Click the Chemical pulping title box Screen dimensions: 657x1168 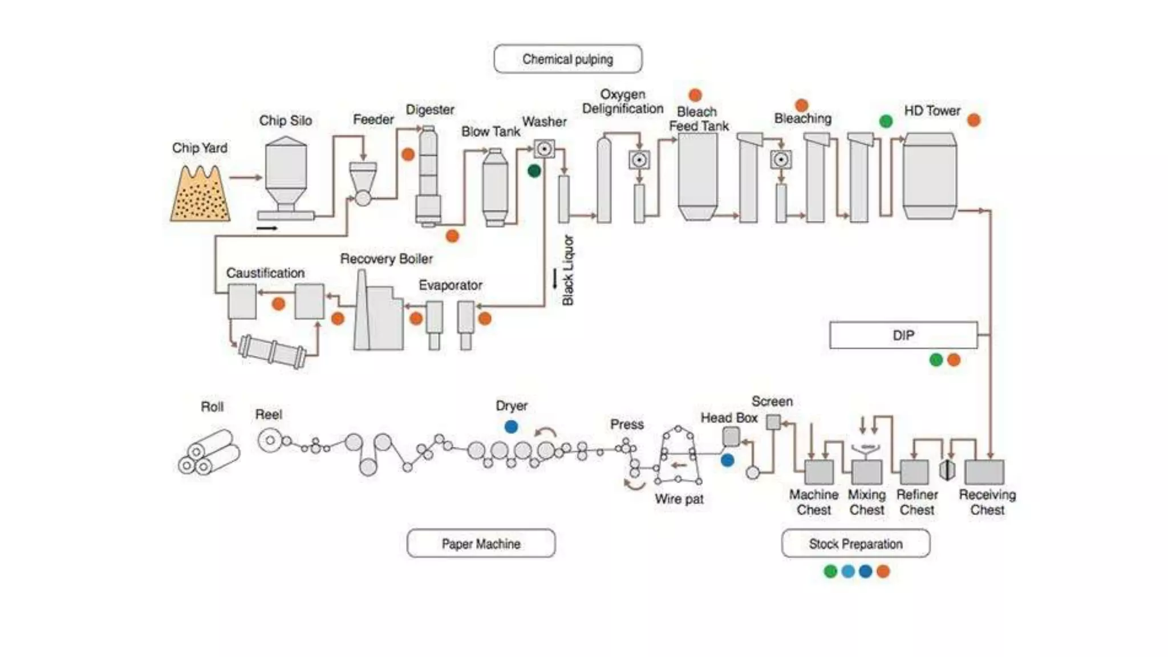click(x=567, y=59)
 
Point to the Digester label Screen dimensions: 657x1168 click(x=429, y=109)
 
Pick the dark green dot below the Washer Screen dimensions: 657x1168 click(x=534, y=171)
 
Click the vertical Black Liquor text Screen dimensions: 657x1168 click(x=568, y=270)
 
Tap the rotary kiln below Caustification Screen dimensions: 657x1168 click(x=272, y=350)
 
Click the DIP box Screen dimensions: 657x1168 click(x=903, y=335)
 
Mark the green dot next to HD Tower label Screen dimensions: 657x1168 click(x=886, y=121)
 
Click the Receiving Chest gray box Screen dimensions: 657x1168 click(x=984, y=472)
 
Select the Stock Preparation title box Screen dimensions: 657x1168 click(x=855, y=544)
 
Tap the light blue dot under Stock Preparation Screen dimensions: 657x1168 click(x=848, y=571)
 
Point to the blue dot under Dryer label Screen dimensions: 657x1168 click(x=511, y=427)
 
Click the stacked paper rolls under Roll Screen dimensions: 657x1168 click(x=208, y=453)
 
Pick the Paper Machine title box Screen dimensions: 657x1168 click(x=481, y=544)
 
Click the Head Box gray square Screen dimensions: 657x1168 click(x=731, y=437)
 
